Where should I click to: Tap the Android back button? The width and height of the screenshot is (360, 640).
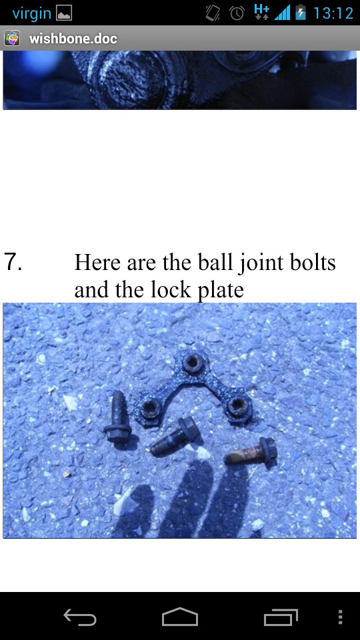(x=80, y=618)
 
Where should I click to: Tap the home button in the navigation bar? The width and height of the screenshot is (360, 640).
(x=180, y=617)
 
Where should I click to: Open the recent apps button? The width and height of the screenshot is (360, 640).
(x=280, y=618)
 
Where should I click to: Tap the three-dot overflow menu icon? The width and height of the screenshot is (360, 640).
(x=341, y=617)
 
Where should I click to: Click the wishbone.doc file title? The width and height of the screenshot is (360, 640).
(x=73, y=39)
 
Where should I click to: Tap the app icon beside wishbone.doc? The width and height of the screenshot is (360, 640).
(x=13, y=39)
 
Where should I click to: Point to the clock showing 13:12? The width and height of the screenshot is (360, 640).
(x=333, y=13)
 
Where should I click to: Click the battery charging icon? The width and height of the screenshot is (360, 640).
(x=301, y=13)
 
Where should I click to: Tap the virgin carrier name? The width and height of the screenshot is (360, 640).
(x=31, y=13)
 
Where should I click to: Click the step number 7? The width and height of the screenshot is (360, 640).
(x=13, y=262)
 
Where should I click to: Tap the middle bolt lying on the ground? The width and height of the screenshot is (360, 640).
(x=173, y=439)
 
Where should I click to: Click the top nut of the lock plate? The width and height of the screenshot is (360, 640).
(x=193, y=363)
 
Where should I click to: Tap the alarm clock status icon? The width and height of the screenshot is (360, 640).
(x=237, y=13)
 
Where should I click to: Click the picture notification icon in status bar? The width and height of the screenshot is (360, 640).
(x=64, y=13)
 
